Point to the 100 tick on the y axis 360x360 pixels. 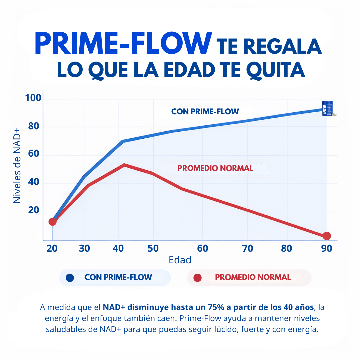33,98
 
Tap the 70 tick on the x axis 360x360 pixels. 247,249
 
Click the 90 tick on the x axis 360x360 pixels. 327,249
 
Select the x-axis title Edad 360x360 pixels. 180,260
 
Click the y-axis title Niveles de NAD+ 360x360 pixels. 17,165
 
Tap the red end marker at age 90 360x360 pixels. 327,236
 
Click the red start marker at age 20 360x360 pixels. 52,222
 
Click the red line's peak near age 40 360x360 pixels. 124,165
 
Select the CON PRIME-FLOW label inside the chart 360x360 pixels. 205,112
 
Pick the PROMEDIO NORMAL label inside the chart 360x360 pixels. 215,168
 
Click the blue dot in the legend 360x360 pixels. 70,278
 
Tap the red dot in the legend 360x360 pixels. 198,278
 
